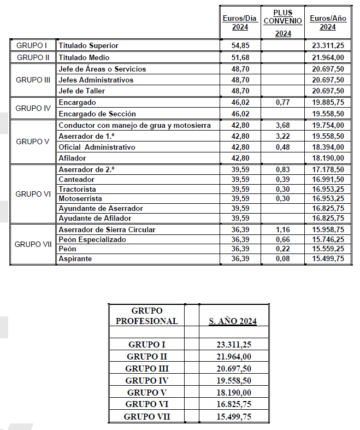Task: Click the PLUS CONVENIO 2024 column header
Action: point(282,21)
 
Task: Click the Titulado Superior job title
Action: point(88,45)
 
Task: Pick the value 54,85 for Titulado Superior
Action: point(240,45)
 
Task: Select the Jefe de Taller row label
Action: point(81,91)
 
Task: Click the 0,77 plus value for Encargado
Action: point(282,103)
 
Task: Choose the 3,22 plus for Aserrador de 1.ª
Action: point(282,136)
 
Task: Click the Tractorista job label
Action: point(78,189)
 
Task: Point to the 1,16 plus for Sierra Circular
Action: point(282,230)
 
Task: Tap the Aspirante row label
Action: point(76,258)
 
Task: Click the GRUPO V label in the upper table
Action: point(33,142)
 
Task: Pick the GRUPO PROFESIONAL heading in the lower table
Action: point(147,316)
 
